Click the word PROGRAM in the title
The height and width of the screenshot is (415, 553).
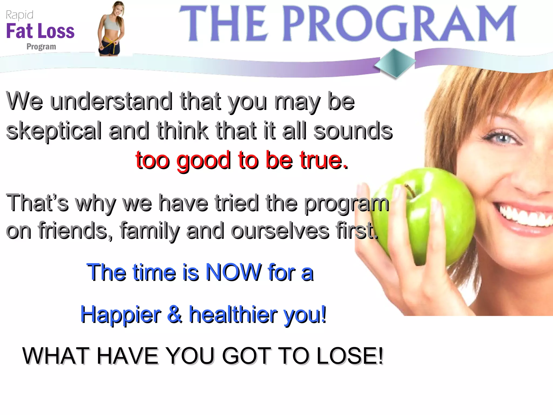click(x=399, y=24)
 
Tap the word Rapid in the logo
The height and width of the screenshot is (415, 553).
click(x=19, y=15)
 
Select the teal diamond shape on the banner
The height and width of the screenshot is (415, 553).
click(x=395, y=63)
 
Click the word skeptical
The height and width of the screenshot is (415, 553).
click(x=54, y=131)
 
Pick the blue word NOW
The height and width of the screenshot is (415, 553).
click(x=234, y=272)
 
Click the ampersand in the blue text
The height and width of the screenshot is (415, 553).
click(x=175, y=314)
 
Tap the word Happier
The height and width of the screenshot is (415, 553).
click(x=120, y=315)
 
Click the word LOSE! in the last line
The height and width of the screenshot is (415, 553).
click(x=350, y=356)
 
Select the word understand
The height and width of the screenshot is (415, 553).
click(x=111, y=101)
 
